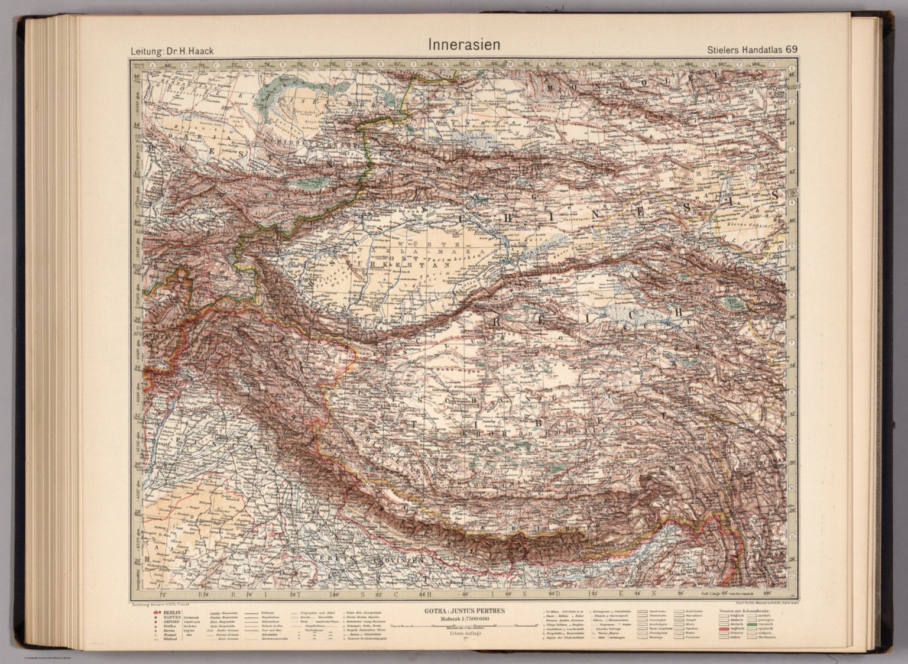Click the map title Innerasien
(x=463, y=45)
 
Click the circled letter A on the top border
(x=152, y=66)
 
